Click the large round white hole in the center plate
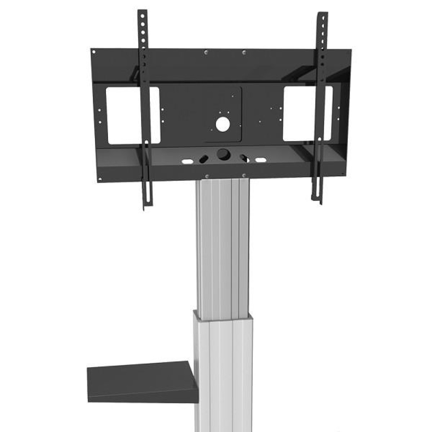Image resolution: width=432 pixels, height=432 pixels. click(x=223, y=124)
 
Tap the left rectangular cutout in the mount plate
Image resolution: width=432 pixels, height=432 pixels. click(x=133, y=115)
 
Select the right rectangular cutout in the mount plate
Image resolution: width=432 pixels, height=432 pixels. click(x=308, y=113)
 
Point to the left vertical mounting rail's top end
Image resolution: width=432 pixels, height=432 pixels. click(x=141, y=13)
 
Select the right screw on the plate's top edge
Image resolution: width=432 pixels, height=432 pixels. click(x=244, y=53)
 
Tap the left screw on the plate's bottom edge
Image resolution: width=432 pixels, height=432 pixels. click(x=207, y=176)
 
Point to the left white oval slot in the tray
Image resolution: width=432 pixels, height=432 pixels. click(x=187, y=161)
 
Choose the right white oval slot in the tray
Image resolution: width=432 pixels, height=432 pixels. click(x=260, y=160)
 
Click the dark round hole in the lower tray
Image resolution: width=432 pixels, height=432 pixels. click(x=223, y=154)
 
